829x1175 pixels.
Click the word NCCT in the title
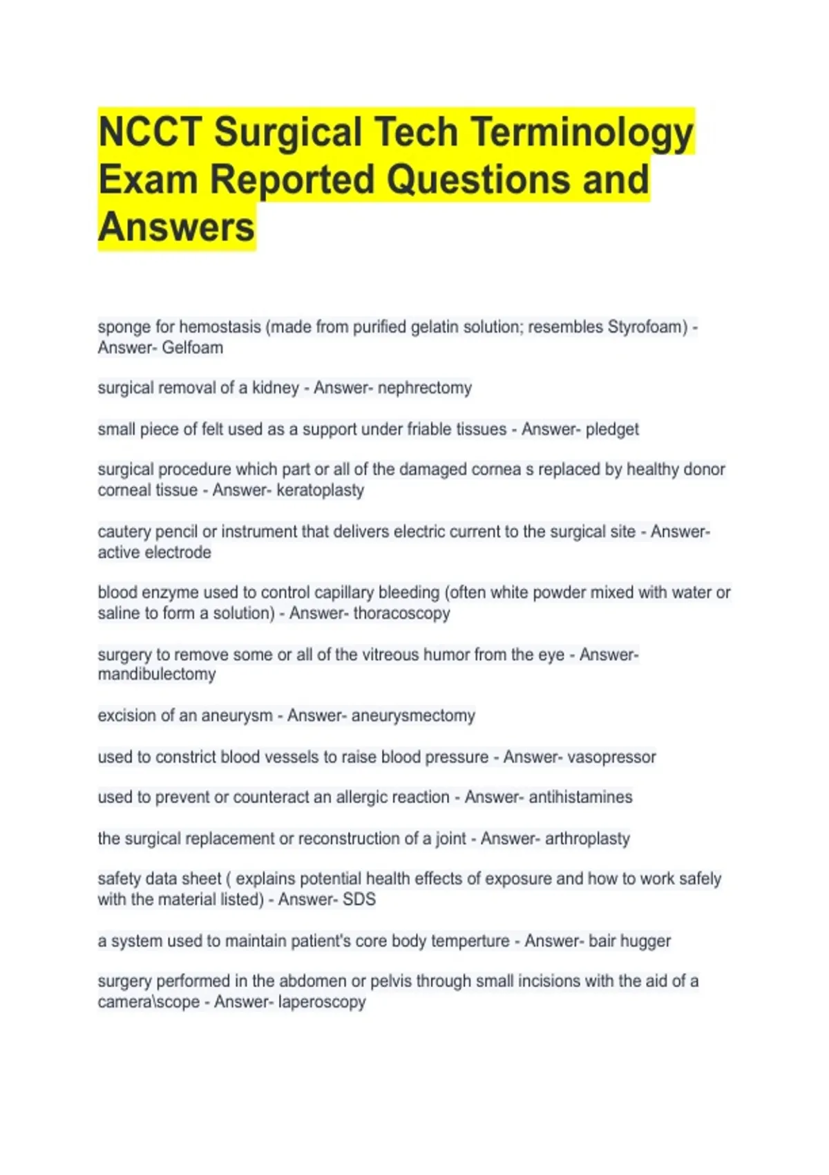pyautogui.click(x=150, y=132)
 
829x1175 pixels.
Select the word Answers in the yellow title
pyautogui.click(x=177, y=227)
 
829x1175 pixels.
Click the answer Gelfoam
pyautogui.click(x=192, y=348)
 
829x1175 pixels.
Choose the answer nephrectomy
pyautogui.click(x=425, y=388)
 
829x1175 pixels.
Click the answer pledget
pyautogui.click(x=612, y=429)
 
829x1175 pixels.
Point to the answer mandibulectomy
pyautogui.click(x=157, y=674)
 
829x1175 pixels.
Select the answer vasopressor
pyautogui.click(x=611, y=757)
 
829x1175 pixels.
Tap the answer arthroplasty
pyautogui.click(x=587, y=838)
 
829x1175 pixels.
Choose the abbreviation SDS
pyautogui.click(x=359, y=899)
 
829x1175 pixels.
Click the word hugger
pyautogui.click(x=645, y=941)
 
